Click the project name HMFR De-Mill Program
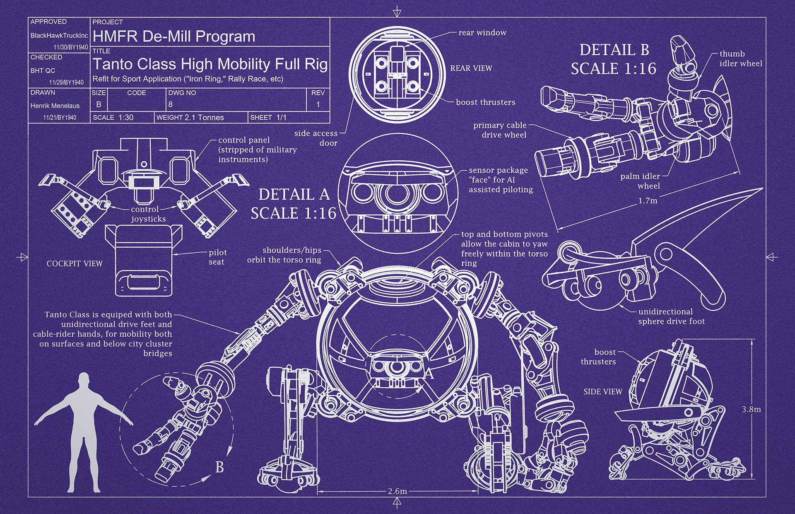174,36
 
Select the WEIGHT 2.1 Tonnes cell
190,118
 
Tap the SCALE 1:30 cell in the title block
113,118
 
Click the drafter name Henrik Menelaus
55,106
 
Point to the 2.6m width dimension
397,491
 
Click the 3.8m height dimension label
751,409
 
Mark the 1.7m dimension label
648,201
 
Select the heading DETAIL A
294,194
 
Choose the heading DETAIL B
614,50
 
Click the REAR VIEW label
471,68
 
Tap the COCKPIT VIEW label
75,263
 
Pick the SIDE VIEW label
603,391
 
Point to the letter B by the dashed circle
219,467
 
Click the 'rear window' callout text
482,33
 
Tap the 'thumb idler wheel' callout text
741,58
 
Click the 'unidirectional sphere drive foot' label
671,316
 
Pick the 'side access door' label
316,138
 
